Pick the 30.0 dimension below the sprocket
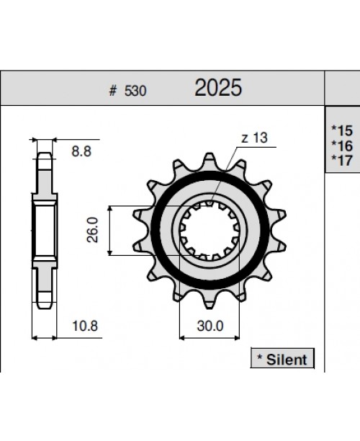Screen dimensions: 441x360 210,325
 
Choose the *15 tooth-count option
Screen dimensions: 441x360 342,130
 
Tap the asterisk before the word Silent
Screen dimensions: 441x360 259,358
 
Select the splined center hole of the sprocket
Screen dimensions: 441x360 210,230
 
